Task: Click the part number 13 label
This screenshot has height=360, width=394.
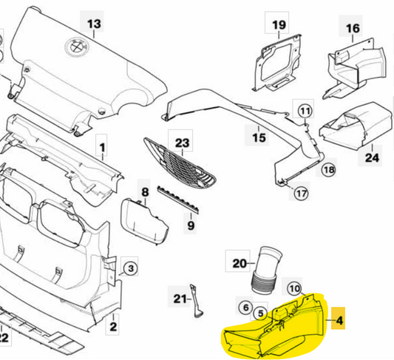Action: (94, 24)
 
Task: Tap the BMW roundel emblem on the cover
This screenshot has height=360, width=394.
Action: (76, 46)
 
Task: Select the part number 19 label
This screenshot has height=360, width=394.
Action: (278, 26)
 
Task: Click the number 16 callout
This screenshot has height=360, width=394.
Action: (352, 29)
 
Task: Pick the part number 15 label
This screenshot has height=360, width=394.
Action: (258, 137)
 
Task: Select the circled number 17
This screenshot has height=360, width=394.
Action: (300, 194)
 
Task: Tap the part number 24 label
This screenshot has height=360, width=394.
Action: (372, 157)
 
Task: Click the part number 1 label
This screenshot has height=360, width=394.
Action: (103, 138)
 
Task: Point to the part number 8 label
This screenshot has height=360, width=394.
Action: (145, 192)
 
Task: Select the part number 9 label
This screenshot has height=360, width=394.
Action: (189, 225)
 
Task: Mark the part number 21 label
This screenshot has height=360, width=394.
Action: (179, 299)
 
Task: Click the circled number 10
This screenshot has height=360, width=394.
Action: (293, 288)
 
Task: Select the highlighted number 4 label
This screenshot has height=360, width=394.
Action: (339, 321)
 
